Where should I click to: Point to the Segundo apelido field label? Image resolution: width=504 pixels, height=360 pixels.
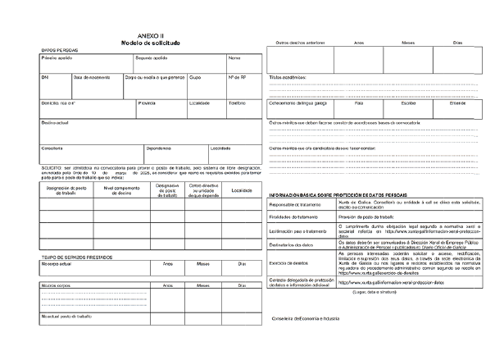point(152,59)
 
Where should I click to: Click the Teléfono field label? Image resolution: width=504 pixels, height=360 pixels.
point(237,103)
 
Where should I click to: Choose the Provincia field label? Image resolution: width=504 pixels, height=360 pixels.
point(148,103)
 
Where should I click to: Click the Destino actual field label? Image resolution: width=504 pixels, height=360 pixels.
point(55,122)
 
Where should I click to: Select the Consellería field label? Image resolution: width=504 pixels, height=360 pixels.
point(52,148)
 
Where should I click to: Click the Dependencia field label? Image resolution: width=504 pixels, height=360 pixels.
point(159,148)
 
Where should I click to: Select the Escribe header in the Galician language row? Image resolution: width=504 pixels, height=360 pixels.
point(407,103)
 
